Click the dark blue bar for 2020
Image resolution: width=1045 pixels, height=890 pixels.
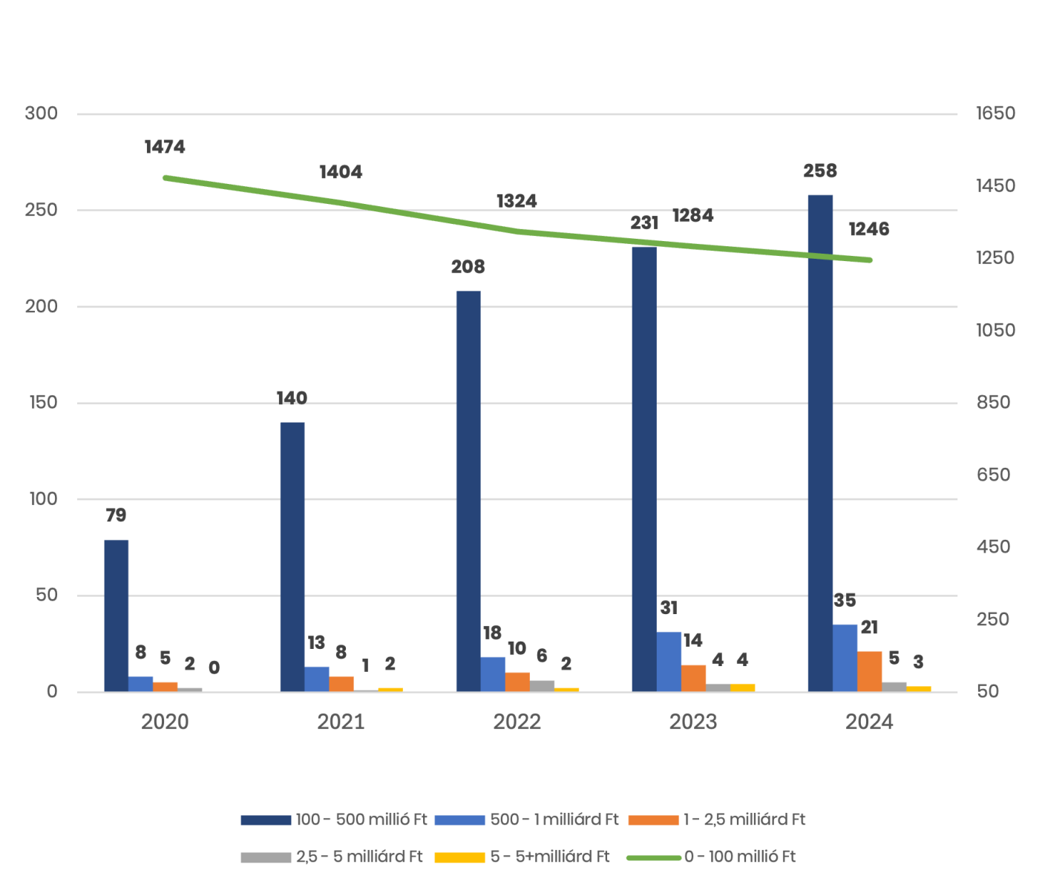pos(117,616)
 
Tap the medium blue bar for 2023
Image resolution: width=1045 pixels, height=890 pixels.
pos(669,662)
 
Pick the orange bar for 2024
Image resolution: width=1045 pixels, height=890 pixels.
pos(870,671)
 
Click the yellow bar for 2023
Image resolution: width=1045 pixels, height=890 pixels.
pos(743,688)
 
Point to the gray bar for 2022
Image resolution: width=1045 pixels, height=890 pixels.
pos(542,686)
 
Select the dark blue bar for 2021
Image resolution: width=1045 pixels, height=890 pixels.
pos(292,557)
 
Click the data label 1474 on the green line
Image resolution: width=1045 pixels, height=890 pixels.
pos(165,147)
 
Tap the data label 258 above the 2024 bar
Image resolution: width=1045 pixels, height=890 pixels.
pos(820,171)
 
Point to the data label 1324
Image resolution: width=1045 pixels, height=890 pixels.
pos(517,201)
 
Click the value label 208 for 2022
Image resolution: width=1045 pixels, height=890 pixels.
pos(468,267)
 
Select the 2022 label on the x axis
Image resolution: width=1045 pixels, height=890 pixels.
pos(517,722)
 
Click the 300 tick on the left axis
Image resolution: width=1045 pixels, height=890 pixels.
pos(42,113)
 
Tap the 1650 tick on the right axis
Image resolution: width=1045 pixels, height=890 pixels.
pos(995,113)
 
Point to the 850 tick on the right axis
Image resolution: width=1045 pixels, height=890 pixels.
pos(994,403)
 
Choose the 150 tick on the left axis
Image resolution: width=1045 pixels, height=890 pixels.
pos(42,403)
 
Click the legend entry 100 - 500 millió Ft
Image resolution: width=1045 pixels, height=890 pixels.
pos(361,820)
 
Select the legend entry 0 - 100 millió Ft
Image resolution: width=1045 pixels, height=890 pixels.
pos(739,857)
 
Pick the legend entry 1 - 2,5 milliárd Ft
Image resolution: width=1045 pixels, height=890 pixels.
pos(744,820)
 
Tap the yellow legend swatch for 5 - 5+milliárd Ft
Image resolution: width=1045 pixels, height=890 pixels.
pos(459,858)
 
